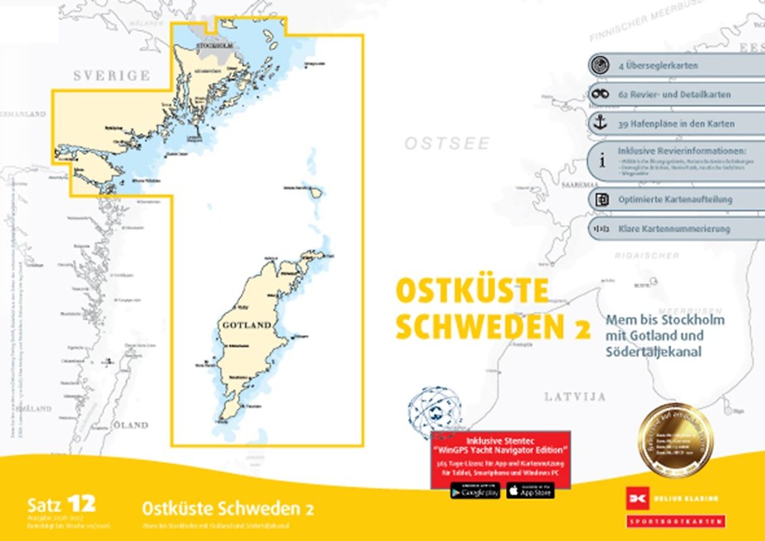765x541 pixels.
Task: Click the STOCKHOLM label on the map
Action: click(214, 46)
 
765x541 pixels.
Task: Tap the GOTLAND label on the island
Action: click(247, 325)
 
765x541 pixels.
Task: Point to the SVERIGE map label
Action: click(112, 75)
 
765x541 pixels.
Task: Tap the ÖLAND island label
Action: click(130, 425)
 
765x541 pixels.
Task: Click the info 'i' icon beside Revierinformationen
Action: click(601, 161)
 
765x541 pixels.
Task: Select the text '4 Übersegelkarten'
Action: click(658, 66)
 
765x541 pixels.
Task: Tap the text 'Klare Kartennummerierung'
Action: click(674, 229)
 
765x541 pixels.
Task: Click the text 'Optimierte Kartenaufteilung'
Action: click(675, 199)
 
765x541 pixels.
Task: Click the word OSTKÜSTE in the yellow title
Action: click(471, 291)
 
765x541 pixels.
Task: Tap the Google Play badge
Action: click(474, 490)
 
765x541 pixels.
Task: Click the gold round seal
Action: click(674, 440)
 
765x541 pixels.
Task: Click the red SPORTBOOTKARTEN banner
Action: click(676, 521)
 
